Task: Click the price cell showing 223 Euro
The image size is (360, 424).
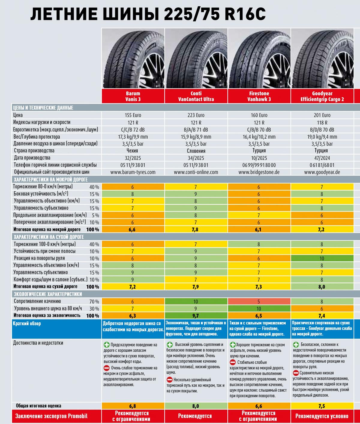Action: (196, 115)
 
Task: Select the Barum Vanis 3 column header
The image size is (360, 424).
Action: (133, 96)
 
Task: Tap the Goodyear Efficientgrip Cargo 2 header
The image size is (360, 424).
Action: (322, 96)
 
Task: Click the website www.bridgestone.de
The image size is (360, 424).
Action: (259, 172)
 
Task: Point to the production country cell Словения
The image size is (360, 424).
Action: (196, 151)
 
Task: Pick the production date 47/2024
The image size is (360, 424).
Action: (322, 158)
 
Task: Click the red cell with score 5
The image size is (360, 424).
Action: (259, 302)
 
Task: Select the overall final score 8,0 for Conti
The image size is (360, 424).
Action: (196, 406)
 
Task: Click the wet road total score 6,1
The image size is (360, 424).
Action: (259, 230)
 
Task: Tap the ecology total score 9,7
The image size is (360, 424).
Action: (196, 316)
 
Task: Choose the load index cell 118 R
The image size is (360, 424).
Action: (322, 122)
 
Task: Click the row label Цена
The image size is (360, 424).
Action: (18, 115)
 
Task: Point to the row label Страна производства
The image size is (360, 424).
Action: (34, 151)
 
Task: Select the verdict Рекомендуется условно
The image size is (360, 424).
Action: (322, 416)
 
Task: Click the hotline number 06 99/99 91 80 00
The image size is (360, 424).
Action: (259, 165)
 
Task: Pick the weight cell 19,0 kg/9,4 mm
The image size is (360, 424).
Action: (322, 137)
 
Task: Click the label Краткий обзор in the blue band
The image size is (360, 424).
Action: (27, 324)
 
